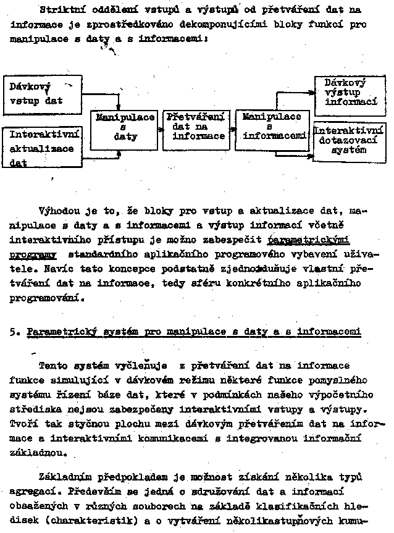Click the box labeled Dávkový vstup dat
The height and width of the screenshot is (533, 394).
42,94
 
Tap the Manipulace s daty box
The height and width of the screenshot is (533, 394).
125,128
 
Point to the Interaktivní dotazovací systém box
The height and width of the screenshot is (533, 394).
350,141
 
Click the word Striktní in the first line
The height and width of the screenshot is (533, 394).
59,10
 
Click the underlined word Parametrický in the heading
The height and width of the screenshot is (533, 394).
57,332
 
